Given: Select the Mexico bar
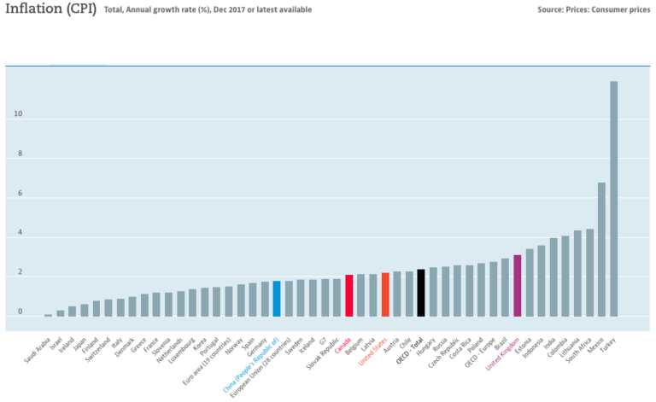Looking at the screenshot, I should (x=601, y=248).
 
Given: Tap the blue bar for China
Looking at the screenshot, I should (x=276, y=298).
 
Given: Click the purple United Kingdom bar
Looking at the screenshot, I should (x=517, y=285).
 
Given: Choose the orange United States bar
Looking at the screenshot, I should (x=384, y=294).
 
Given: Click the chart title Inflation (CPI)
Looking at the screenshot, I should (x=50, y=9).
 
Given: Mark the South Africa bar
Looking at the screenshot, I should (x=589, y=272).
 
